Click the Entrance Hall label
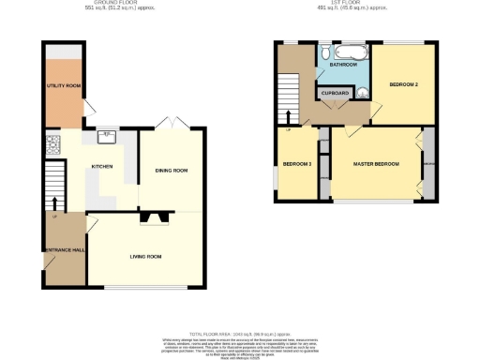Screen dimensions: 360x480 click(x=60, y=249)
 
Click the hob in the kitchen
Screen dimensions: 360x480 click(x=52, y=146)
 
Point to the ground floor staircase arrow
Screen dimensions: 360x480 click(x=54, y=202)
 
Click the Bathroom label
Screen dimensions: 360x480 click(x=342, y=65)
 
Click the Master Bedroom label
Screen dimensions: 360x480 click(x=376, y=165)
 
